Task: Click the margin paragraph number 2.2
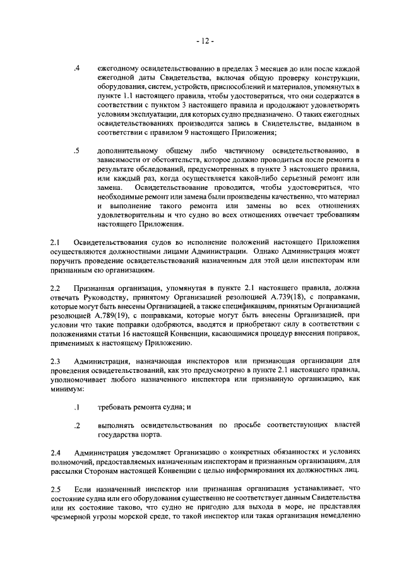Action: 55,288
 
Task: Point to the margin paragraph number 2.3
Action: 55,361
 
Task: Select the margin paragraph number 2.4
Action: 55,452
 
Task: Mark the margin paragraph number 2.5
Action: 55,489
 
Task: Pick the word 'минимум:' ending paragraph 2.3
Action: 66,389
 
